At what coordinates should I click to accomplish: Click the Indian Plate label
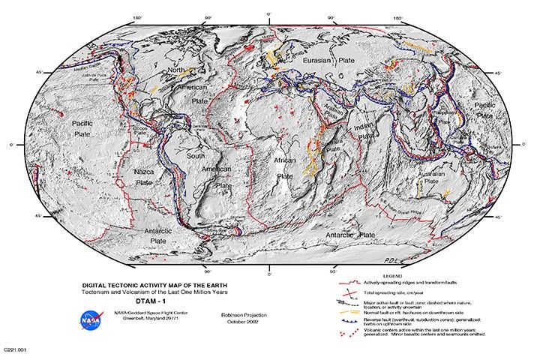pyautogui.click(x=367, y=132)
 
